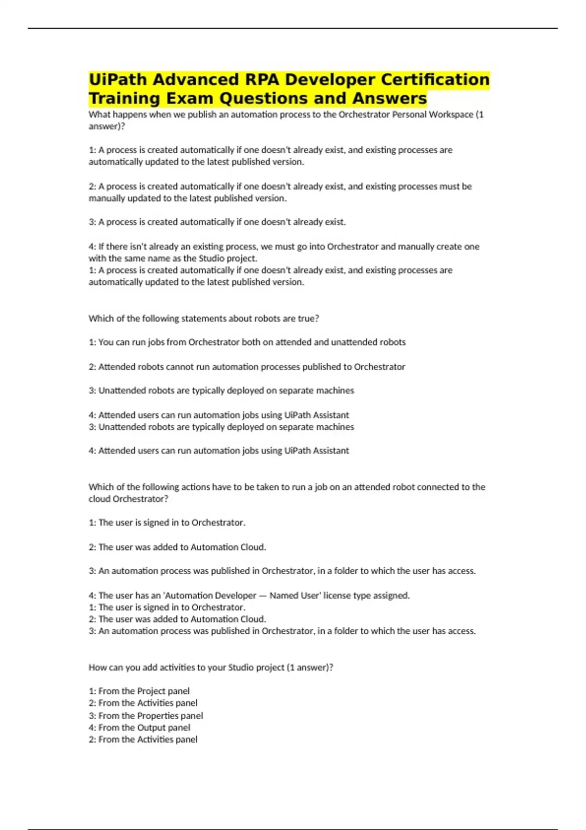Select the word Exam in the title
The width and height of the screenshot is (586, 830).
tap(190, 98)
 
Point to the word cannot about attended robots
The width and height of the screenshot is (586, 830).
tap(180, 367)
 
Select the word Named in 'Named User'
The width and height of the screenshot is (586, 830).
tap(283, 596)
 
